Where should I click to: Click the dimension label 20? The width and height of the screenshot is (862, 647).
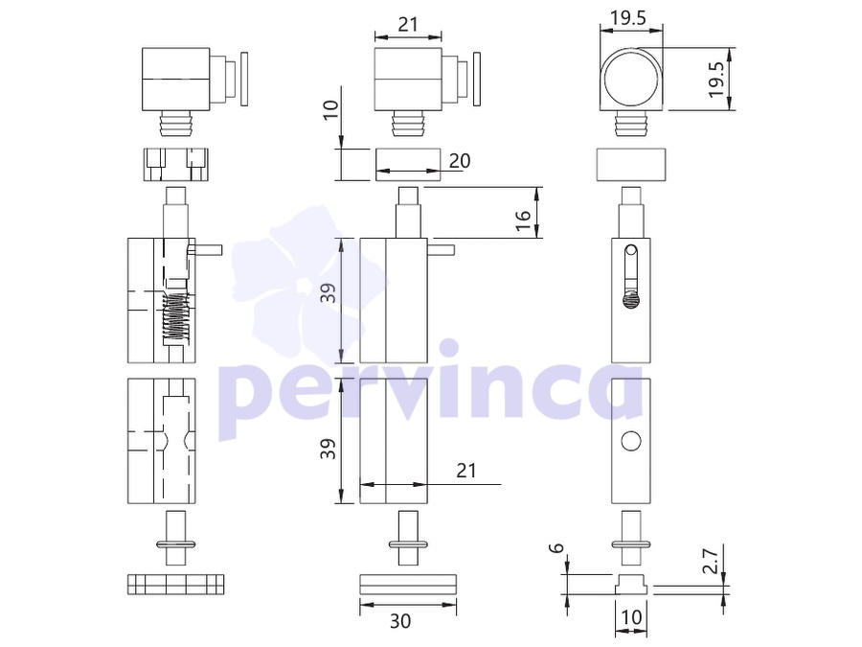tap(460, 161)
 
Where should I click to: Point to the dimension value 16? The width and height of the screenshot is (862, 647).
tap(524, 220)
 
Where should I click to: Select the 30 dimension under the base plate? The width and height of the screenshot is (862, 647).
tap(400, 620)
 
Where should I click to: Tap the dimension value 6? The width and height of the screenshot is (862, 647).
tap(557, 548)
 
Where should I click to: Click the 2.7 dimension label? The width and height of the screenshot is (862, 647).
tap(711, 561)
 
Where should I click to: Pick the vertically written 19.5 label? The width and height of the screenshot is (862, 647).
tap(715, 80)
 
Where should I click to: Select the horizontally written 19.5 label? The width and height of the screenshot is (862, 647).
tap(627, 18)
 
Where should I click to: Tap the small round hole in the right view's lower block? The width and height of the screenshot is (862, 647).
tap(631, 441)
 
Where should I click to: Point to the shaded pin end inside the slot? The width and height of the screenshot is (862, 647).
tap(632, 299)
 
